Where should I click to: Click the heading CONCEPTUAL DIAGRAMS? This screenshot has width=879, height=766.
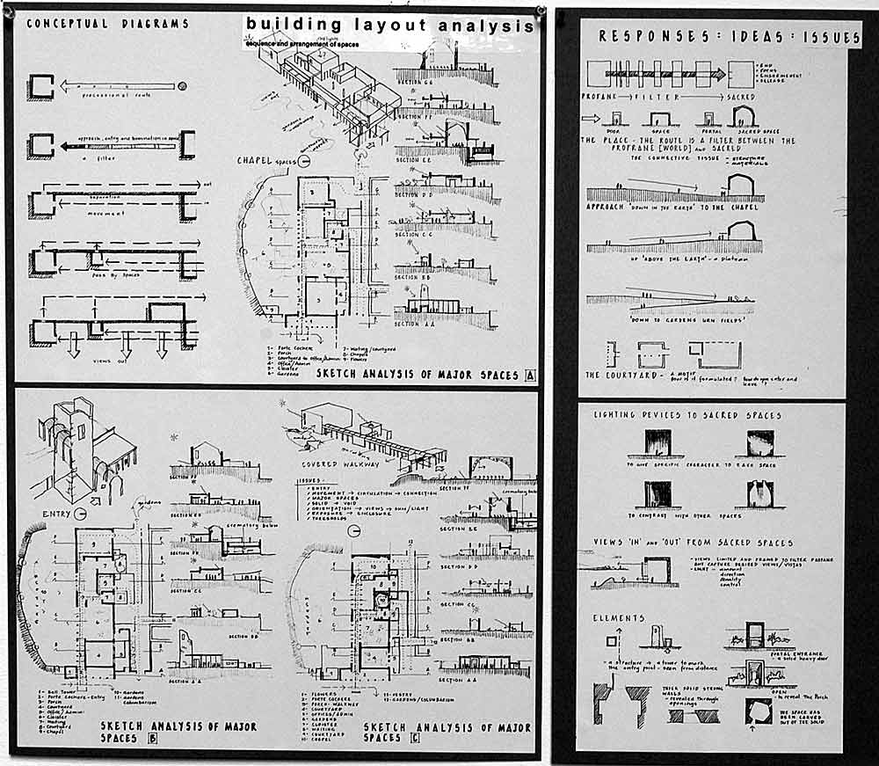[x=107, y=24]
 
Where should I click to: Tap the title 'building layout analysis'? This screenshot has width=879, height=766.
[x=389, y=25]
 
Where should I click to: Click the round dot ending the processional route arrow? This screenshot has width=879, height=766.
[x=182, y=85]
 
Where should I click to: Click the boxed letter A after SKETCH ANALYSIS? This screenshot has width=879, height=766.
[x=530, y=375]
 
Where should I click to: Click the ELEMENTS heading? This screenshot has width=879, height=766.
[x=619, y=618]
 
